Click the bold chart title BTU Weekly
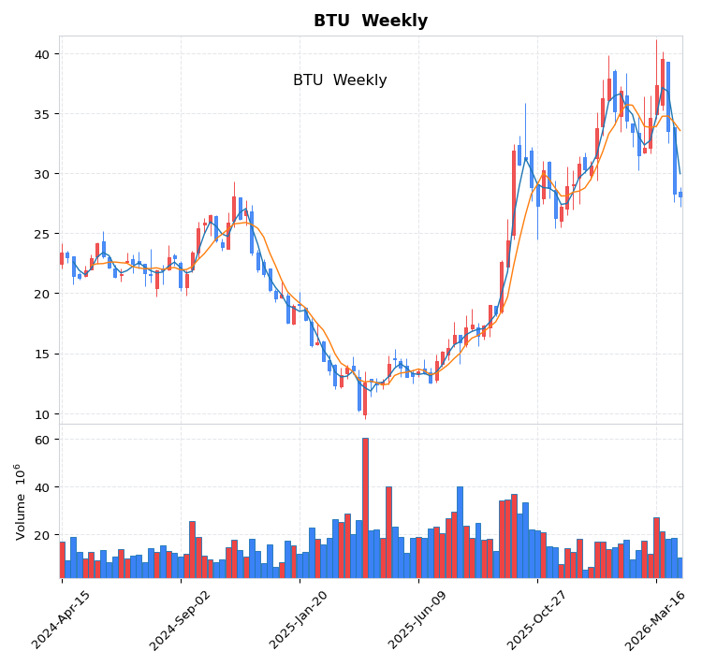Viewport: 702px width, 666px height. (370, 22)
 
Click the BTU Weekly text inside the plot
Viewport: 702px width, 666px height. (340, 80)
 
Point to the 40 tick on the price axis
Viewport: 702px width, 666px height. (43, 54)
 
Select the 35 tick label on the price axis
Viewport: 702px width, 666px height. (43, 114)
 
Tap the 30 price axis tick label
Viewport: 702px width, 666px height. (43, 174)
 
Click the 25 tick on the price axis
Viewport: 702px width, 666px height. (43, 234)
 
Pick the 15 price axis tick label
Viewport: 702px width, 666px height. (43, 354)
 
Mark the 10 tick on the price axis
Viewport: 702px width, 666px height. (43, 413)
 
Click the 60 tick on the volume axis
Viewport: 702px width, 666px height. (43, 440)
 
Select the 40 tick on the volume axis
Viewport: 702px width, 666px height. (43, 487)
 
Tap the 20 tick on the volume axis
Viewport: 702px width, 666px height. (43, 535)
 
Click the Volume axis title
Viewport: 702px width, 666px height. (20, 501)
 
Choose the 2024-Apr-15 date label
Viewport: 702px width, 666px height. (62, 619)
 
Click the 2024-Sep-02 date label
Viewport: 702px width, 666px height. (181, 619)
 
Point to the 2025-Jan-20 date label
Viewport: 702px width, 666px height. (300, 619)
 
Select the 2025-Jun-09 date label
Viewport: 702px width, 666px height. (418, 619)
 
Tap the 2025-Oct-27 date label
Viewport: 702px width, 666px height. (537, 619)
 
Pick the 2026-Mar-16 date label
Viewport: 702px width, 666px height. (656, 619)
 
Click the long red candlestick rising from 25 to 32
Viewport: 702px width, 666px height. (514, 194)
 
